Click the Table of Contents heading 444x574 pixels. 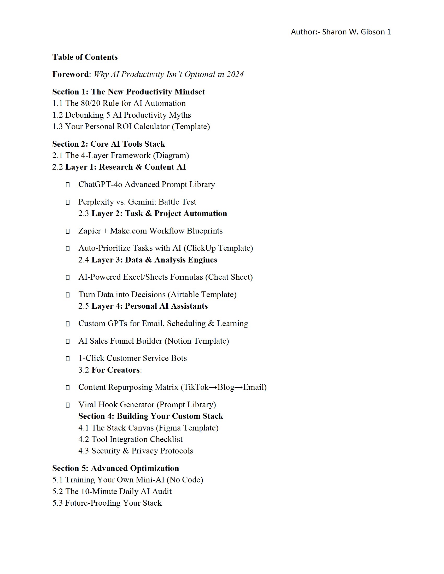[85, 57]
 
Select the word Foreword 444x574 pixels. [71, 74]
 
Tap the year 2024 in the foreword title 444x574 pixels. [235, 74]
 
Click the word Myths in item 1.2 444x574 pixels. [180, 115]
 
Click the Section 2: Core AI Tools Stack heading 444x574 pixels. [109, 144]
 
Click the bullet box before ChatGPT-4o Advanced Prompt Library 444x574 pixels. [68, 185]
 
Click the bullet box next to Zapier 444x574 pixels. [68, 231]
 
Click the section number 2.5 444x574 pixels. [84, 306]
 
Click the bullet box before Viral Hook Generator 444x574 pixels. [68, 405]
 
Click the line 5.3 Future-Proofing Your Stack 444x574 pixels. [107, 503]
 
